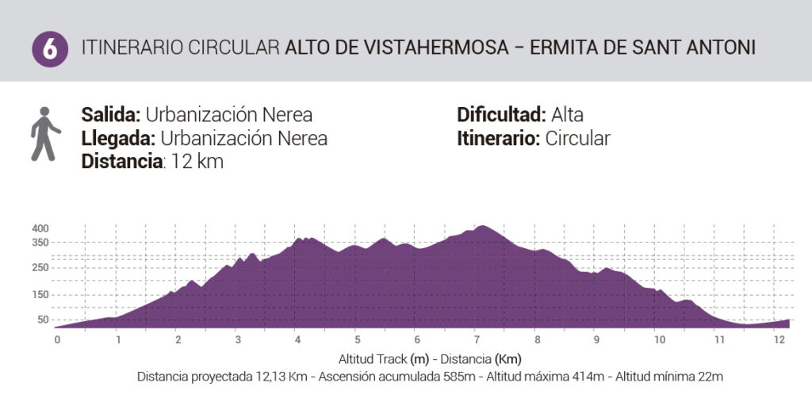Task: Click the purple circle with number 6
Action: click(50, 49)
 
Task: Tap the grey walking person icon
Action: click(45, 134)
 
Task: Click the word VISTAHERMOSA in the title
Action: click(436, 48)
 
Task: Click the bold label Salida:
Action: click(111, 114)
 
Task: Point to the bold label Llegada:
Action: click(118, 138)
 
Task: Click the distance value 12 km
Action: click(197, 162)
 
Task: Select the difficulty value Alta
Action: click(567, 114)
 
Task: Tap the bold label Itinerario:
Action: click(498, 138)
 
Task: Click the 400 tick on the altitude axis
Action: click(40, 228)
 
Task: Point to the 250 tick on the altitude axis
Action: click(40, 268)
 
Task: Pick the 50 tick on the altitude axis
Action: click(43, 319)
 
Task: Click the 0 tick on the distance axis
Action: click(57, 340)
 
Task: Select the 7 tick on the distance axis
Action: click(477, 340)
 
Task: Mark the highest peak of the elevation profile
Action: click(482, 226)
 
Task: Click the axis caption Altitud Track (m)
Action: click(384, 359)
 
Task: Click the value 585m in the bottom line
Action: click(459, 377)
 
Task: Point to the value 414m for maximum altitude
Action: click(588, 377)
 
